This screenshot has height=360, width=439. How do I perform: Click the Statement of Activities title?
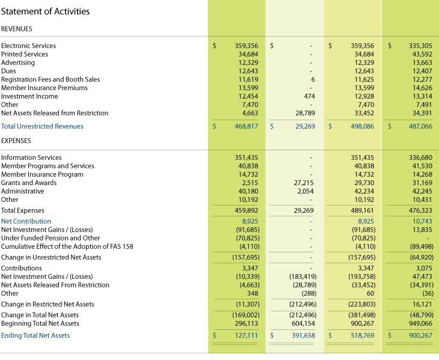pos(45,11)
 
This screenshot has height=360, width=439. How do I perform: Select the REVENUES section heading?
pos(17,29)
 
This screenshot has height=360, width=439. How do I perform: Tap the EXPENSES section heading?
pos(16,141)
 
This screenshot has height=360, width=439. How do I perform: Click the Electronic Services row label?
pos(28,46)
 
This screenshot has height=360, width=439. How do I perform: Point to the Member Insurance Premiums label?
pos(44,88)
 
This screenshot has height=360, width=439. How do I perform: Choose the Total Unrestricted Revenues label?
pos(42,126)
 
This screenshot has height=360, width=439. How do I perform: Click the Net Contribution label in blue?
pos(26,221)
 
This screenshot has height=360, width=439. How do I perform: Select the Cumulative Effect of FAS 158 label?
pos(67,246)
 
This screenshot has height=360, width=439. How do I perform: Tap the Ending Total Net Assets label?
pos(35,335)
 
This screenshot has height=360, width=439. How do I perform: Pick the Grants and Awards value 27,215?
pos(304,183)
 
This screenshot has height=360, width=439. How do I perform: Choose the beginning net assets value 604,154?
pos(304,323)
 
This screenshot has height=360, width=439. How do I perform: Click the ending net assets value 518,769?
pos(362,335)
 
